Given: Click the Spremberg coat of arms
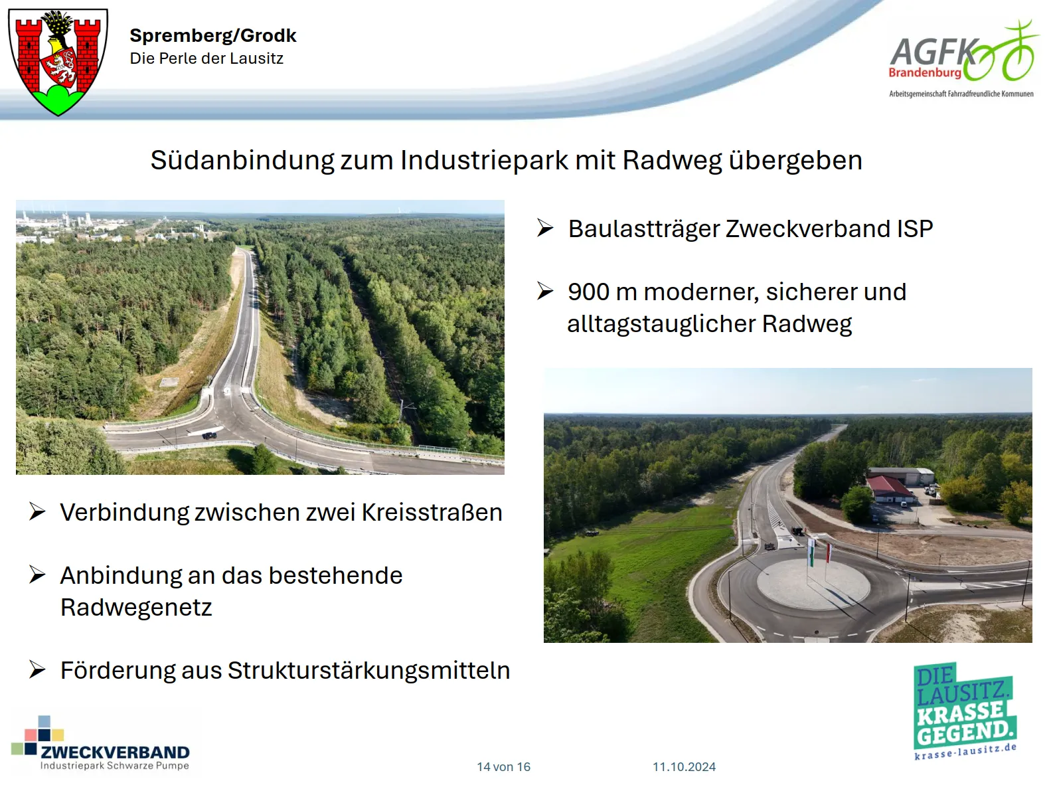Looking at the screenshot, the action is tap(58, 62).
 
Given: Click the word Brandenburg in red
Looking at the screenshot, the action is tap(925, 73).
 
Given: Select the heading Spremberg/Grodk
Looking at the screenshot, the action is tap(213, 35).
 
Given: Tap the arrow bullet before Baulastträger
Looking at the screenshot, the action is tap(545, 228).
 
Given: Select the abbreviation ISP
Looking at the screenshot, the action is tap(914, 228).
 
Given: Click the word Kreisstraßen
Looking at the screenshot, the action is tap(432, 512).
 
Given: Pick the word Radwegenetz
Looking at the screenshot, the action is tap(136, 608).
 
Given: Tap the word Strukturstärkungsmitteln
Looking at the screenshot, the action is tap(368, 670).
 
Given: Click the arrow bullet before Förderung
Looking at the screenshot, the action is tap(37, 669).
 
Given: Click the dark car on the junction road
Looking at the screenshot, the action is tap(209, 436).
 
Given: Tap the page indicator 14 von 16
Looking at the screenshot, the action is tap(503, 767).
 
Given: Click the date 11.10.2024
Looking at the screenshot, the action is tap(684, 767).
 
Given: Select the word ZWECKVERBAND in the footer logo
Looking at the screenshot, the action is tap(115, 752).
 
